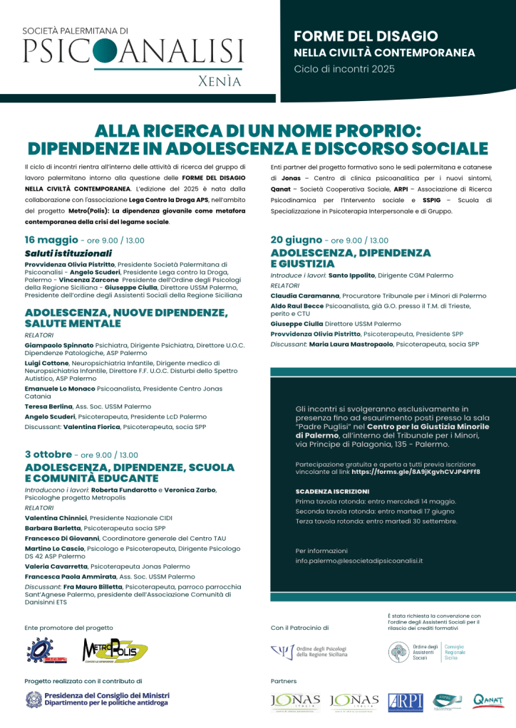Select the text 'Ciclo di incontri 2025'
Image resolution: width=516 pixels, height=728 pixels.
click(344, 69)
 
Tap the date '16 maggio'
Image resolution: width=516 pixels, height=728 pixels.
click(51, 240)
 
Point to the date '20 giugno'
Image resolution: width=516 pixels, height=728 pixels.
click(296, 240)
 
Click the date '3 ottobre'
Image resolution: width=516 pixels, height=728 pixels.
click(48, 454)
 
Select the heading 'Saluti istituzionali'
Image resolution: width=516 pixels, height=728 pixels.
click(68, 253)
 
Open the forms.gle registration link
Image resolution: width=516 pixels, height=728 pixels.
click(416, 471)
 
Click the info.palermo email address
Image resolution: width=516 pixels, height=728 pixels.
click(359, 561)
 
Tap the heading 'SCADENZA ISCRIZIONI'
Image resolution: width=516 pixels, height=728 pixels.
click(332, 491)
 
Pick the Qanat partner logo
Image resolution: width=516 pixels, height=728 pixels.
click(488, 701)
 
